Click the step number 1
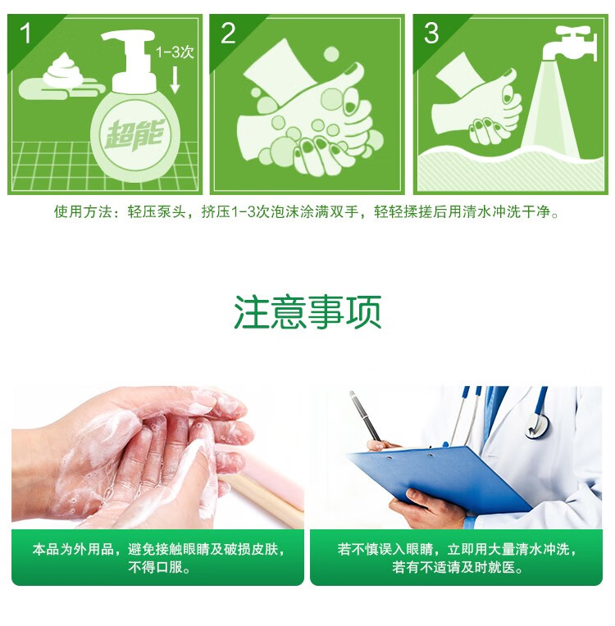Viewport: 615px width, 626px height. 25,33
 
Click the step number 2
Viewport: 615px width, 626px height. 228,33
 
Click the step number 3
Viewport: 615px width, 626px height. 431,33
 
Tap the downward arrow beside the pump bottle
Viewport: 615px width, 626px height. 175,79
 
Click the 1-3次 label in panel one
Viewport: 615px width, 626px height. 175,52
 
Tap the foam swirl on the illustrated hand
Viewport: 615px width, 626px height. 63,70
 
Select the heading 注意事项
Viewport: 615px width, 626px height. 307,312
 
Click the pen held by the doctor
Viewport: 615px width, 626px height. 366,416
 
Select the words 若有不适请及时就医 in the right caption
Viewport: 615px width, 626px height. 454,567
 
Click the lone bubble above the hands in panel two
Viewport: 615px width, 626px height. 331,55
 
